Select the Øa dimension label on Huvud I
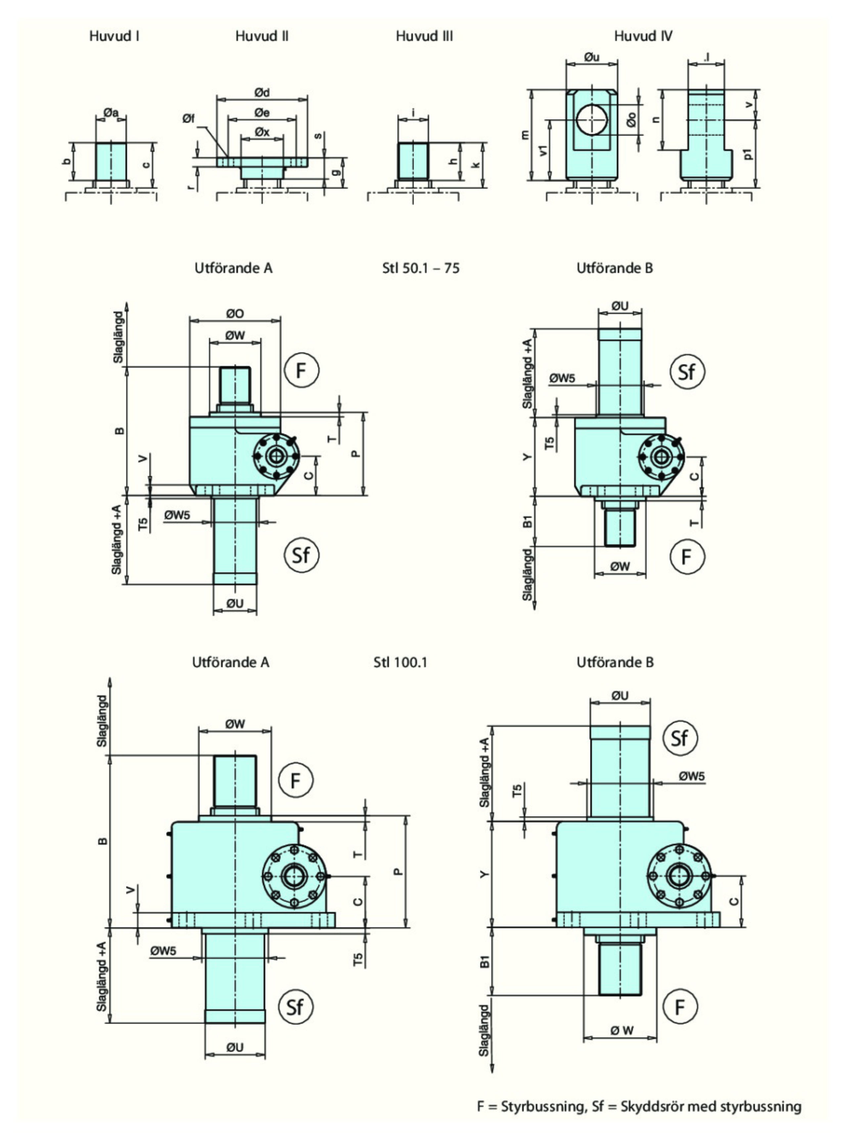point(111,112)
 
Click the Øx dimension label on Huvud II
point(262,132)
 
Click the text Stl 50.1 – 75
point(421,268)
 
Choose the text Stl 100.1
point(400,662)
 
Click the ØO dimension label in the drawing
point(235,313)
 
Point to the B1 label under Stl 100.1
point(484,962)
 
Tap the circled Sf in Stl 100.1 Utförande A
point(295,1007)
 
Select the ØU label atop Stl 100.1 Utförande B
point(620,696)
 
